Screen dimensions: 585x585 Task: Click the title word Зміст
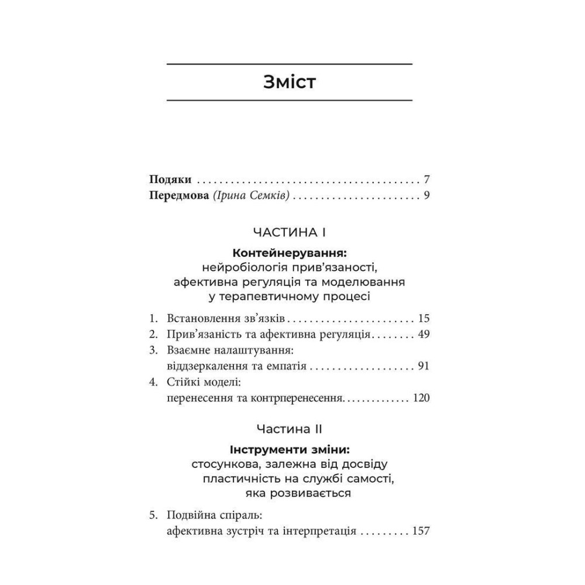tap(290, 82)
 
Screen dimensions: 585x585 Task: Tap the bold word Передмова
tap(177, 195)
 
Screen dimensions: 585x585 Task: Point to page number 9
tap(427, 195)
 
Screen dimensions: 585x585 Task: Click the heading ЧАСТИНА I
tap(290, 232)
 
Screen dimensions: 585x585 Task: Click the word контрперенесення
tap(292, 399)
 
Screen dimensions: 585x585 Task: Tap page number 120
tap(421, 399)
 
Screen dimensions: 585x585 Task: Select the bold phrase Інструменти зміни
tap(290, 450)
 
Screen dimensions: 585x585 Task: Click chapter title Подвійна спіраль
tap(213, 516)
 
